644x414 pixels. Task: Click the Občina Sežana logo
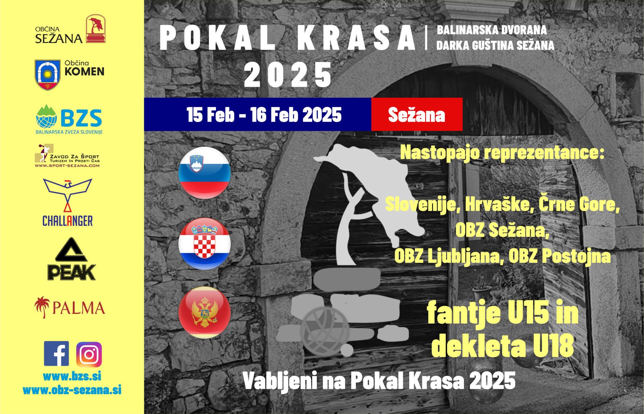click(70, 29)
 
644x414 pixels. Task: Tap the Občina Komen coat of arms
click(48, 74)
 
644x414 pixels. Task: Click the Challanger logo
click(68, 202)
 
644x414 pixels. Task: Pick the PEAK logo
click(71, 259)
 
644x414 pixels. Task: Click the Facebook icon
click(56, 354)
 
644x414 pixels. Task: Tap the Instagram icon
click(89, 354)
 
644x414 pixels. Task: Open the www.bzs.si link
click(72, 376)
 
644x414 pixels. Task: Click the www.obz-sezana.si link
click(72, 390)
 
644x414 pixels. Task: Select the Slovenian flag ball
click(204, 173)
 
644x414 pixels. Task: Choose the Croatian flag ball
click(204, 244)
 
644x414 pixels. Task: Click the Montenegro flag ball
click(204, 312)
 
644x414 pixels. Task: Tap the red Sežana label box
click(417, 114)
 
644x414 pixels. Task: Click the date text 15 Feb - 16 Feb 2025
click(264, 115)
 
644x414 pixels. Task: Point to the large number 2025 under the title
click(288, 74)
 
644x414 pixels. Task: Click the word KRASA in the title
click(357, 38)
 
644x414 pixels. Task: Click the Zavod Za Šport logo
click(67, 156)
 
